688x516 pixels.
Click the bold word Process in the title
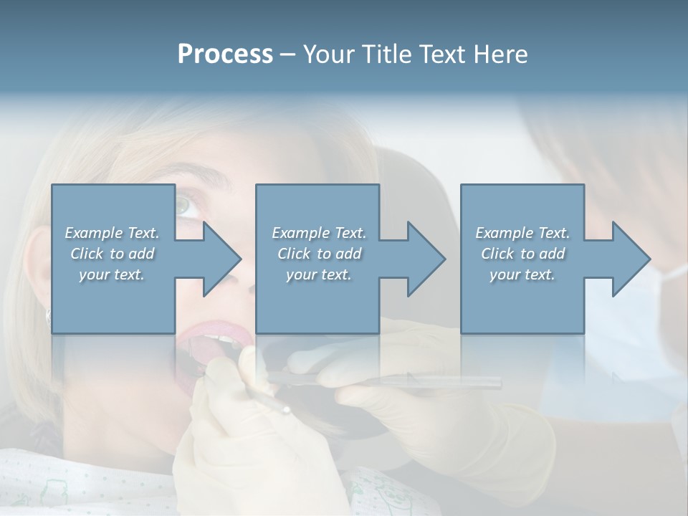(225, 54)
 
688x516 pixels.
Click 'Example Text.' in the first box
(112, 233)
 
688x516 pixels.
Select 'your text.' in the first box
(112, 274)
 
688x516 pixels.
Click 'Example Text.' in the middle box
(319, 233)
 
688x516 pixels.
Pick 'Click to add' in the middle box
(319, 254)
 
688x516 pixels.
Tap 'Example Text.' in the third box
(522, 233)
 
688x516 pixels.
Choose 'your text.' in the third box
(522, 274)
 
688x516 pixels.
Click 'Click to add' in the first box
(112, 254)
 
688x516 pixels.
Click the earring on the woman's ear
(48, 315)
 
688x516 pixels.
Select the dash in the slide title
(288, 54)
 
